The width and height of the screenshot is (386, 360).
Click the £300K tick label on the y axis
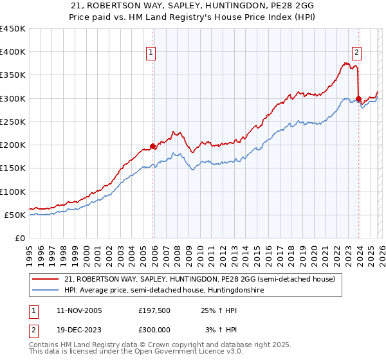[x=13, y=98]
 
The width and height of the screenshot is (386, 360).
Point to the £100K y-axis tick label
[x=13, y=192]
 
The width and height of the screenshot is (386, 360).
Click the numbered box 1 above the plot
[x=151, y=53]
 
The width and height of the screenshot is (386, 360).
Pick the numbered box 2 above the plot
[x=356, y=53]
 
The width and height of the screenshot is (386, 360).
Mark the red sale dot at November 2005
[x=152, y=146]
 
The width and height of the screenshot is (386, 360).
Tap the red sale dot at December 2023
[x=358, y=98]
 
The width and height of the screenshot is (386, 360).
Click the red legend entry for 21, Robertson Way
[x=199, y=279]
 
